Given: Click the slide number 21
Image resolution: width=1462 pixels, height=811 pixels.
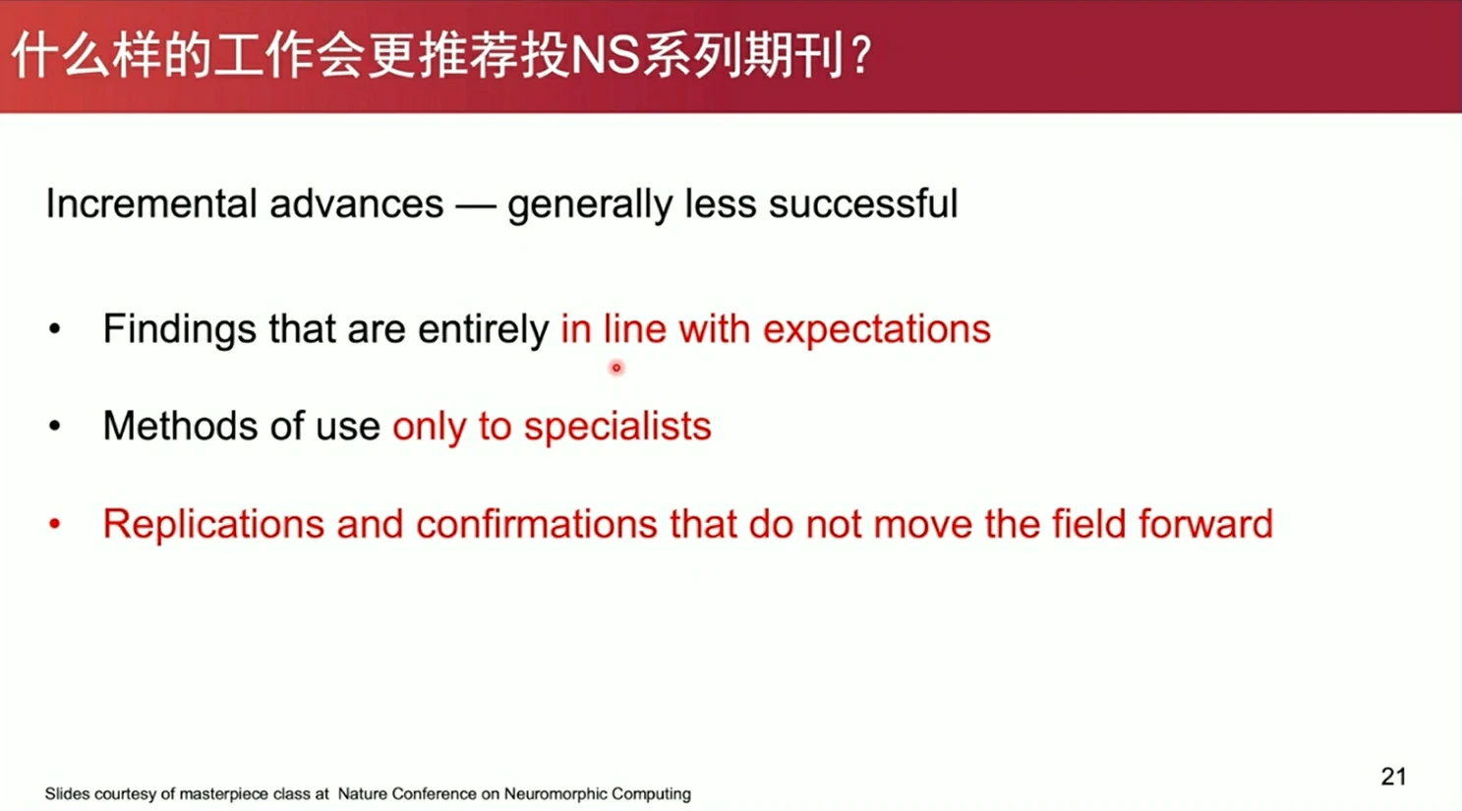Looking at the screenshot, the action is (x=1393, y=777).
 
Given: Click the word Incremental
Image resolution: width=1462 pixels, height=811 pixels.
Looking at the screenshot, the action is (x=150, y=203).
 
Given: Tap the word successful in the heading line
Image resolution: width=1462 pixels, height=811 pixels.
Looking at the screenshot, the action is (x=863, y=203).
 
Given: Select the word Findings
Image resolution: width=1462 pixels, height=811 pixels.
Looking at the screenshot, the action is (x=180, y=329).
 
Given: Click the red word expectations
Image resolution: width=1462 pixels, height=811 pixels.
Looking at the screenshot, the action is (x=877, y=329).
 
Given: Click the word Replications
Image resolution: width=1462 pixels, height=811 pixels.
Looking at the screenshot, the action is (x=213, y=525).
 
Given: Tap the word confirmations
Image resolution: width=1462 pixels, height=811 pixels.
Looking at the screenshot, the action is (x=537, y=524).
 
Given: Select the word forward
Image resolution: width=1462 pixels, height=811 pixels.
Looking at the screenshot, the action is (x=1205, y=524).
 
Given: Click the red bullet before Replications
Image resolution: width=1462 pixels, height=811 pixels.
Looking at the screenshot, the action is (x=55, y=524).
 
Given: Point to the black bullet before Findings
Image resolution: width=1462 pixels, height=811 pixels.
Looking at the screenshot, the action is (x=55, y=329).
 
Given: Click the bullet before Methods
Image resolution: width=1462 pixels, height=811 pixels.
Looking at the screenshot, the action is (x=55, y=426).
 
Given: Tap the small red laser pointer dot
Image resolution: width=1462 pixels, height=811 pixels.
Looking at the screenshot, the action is (x=616, y=368).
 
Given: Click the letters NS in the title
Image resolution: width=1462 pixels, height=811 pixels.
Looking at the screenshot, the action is (x=605, y=56).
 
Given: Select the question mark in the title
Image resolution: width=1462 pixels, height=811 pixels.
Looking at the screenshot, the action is (x=861, y=56).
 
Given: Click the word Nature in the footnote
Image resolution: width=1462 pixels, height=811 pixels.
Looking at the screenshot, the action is (x=362, y=794).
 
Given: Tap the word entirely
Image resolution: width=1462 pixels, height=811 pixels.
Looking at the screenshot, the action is (x=483, y=330).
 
